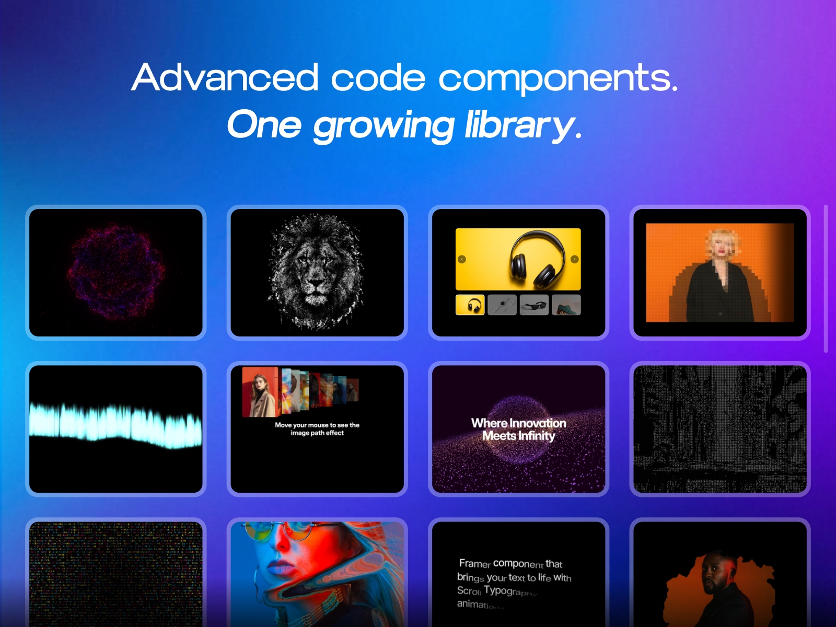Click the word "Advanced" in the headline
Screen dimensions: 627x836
225,77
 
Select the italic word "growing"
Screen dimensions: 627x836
384,125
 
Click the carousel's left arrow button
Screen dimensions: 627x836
461,259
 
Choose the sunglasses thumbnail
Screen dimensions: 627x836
534,305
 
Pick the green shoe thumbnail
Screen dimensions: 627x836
566,305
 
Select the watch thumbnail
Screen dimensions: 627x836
502,305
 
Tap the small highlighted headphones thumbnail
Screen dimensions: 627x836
470,305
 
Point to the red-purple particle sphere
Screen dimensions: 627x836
116,272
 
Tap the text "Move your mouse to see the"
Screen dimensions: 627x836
317,425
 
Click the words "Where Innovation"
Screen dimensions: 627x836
518,423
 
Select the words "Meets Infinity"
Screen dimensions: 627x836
518,436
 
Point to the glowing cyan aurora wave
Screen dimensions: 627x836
116,423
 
